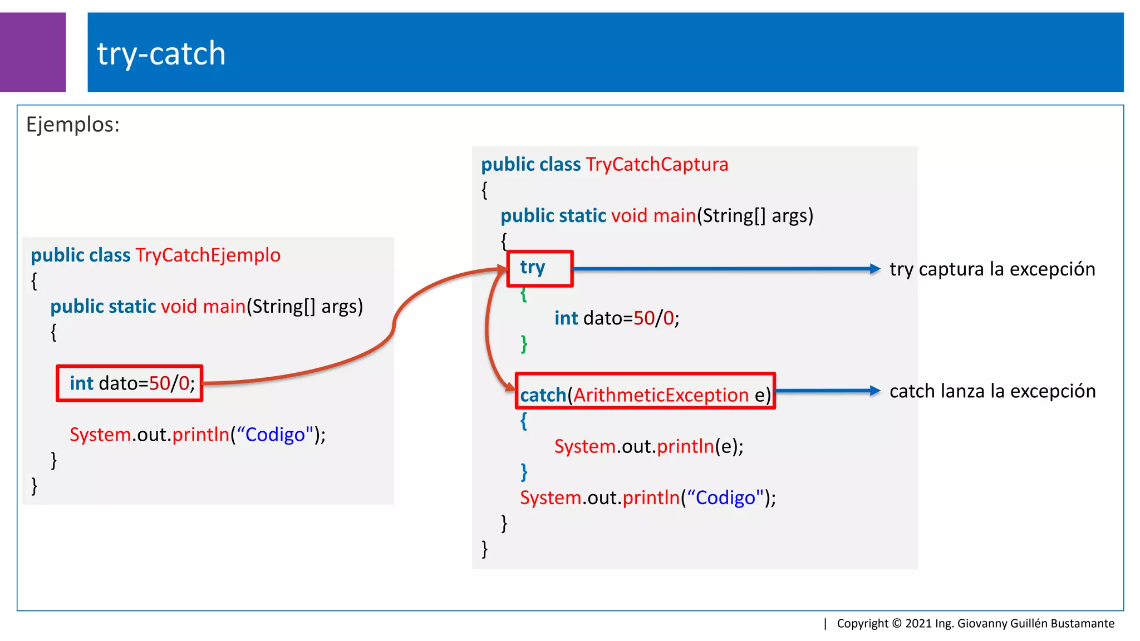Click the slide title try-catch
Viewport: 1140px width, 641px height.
click(x=161, y=54)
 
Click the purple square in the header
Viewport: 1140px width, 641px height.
click(x=32, y=52)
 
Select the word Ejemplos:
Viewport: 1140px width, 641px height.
click(x=73, y=125)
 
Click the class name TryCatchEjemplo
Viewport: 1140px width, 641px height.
click(x=208, y=255)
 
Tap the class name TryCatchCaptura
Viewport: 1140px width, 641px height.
click(x=657, y=165)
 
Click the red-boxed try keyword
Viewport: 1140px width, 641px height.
click(x=533, y=268)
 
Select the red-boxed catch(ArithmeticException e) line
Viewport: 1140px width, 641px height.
click(x=645, y=395)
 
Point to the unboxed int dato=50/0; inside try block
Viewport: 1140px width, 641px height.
click(x=616, y=318)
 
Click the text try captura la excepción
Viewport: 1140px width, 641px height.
click(x=992, y=269)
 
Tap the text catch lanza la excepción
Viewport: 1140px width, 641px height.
click(x=992, y=391)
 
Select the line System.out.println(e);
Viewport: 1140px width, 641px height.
click(x=648, y=446)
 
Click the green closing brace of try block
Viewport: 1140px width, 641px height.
click(x=524, y=343)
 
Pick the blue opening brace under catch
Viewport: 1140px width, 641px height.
click(x=523, y=421)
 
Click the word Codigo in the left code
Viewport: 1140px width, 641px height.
click(x=275, y=435)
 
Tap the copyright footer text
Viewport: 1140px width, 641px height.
click(x=975, y=623)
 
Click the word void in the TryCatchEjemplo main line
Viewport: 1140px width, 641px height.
click(x=179, y=307)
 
